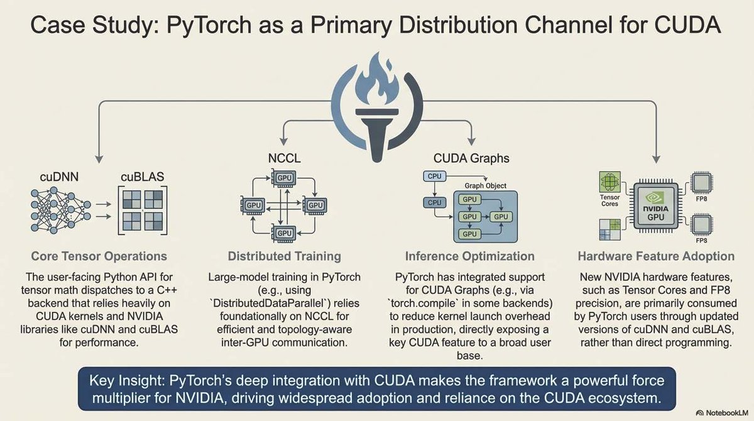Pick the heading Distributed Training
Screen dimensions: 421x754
point(284,256)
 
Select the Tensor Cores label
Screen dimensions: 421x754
point(609,200)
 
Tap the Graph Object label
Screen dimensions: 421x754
point(485,186)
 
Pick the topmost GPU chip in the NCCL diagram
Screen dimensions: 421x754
point(284,178)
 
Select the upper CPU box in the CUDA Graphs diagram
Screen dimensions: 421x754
point(433,177)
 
